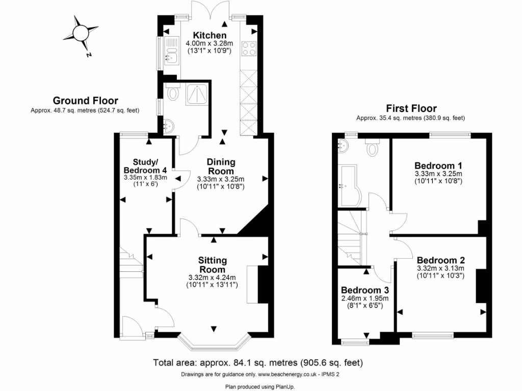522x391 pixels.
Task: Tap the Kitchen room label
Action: point(210,35)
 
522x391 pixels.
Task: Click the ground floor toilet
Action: point(173,93)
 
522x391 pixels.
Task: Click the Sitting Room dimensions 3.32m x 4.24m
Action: point(212,277)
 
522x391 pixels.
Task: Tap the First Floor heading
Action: point(411,108)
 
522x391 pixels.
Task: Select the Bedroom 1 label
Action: point(438,165)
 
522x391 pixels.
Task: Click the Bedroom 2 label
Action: point(440,260)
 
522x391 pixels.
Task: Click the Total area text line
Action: point(258,363)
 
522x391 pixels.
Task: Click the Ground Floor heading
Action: point(85,100)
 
